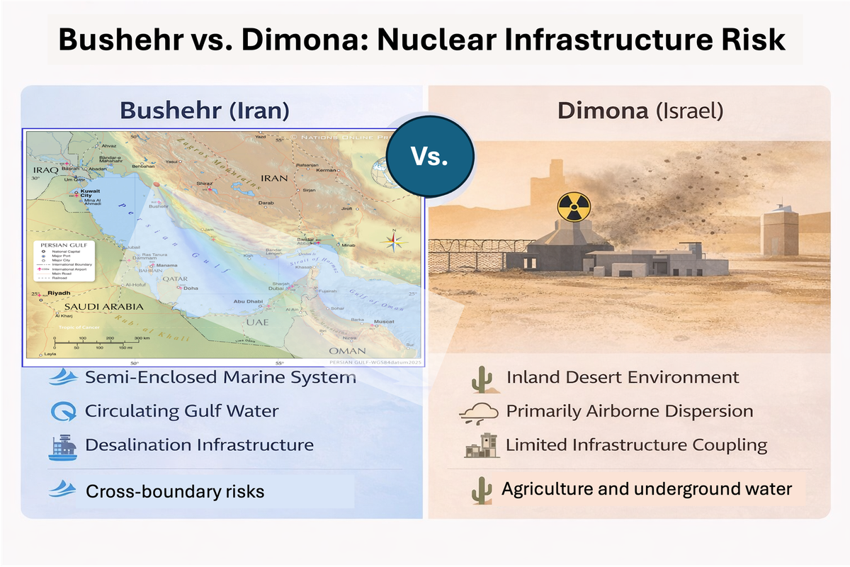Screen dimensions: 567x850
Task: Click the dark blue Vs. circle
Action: pos(431,157)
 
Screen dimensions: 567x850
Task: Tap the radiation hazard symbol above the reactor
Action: pos(572,206)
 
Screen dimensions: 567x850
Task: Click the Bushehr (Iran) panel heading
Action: pos(204,111)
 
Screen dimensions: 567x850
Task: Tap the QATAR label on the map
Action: pos(175,279)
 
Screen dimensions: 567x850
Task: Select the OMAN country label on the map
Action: pos(347,351)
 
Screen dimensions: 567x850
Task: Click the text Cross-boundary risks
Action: pos(174,490)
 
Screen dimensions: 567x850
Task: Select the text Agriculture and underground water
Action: pos(646,488)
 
